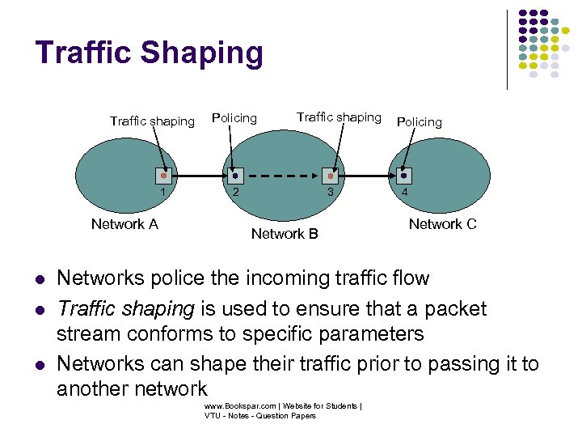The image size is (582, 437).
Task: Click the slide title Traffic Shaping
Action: pos(150,53)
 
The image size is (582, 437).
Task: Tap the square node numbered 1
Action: pos(163,175)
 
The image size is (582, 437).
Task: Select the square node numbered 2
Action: pos(234,175)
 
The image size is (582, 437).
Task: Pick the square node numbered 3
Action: pos(330,175)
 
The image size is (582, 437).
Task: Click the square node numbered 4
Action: pos(405,175)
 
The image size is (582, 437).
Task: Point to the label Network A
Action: pos(124,224)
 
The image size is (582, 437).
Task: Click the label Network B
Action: pos(285,234)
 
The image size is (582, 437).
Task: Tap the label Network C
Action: pos(442,224)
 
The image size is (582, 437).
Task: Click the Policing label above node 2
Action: pos(234,118)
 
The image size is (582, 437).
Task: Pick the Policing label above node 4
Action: pos(419,121)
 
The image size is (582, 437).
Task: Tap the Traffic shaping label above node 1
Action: pos(152,121)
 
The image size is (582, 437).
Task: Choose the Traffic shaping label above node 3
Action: pos(339,117)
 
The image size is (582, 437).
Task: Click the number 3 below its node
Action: pos(330,193)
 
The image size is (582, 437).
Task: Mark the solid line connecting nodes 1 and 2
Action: pos(198,176)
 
